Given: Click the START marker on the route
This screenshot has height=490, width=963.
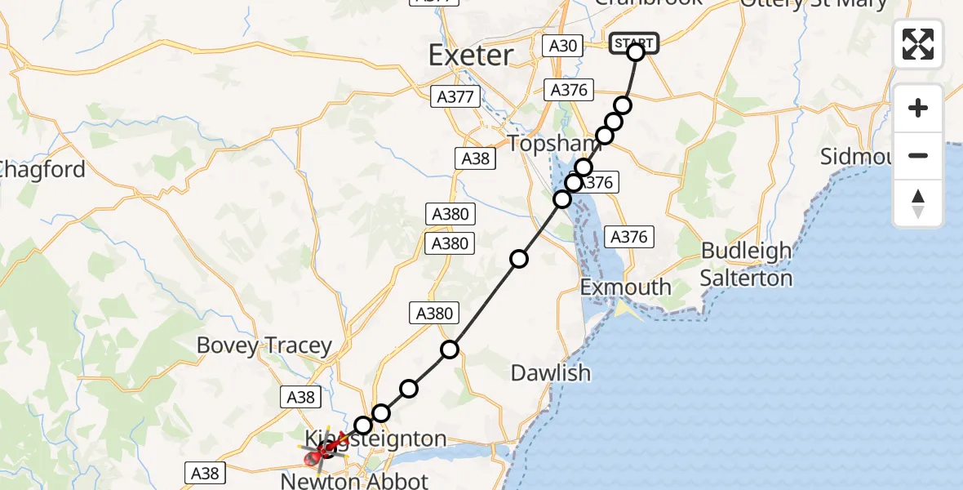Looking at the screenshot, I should [633, 42].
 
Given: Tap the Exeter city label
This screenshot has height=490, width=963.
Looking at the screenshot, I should [471, 56].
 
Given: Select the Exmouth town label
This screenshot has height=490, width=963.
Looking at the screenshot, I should [625, 287].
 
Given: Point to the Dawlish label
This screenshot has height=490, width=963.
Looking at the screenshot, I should [550, 373].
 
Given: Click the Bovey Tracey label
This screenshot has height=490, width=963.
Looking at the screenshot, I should [264, 346].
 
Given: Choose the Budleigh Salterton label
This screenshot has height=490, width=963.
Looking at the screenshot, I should [746, 264].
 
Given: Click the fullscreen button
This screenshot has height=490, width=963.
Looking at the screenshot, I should [918, 44].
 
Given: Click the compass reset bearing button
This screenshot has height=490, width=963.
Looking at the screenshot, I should [918, 203].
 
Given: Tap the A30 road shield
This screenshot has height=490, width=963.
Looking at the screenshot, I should [563, 46].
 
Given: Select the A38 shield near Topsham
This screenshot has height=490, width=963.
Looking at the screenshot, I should [475, 158].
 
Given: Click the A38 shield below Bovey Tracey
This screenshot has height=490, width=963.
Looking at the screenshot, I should [300, 397].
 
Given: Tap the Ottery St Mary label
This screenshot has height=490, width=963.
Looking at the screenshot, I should [802, 4].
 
